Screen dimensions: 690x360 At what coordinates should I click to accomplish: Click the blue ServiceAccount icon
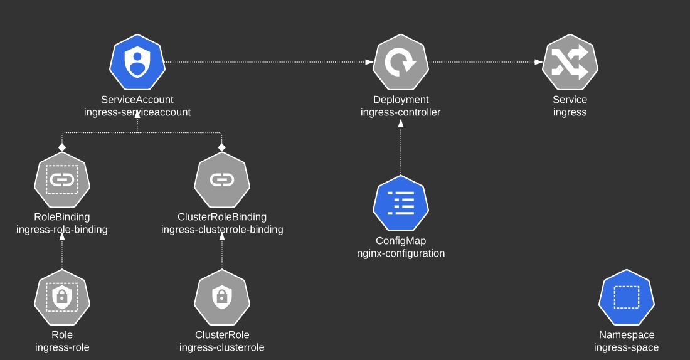coord(137,62)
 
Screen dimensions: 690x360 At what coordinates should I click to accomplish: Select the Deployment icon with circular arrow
coord(401,62)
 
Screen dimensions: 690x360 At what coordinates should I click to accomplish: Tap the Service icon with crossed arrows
coord(570,62)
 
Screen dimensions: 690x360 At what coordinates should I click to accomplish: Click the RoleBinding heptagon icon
coord(62,179)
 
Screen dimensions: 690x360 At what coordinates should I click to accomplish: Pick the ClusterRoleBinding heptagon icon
coord(222,179)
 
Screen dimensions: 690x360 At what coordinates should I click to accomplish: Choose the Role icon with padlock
coord(62,297)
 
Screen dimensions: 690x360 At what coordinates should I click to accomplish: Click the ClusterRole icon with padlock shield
coord(222,297)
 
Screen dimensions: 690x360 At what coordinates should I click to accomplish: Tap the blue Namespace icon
coord(627,297)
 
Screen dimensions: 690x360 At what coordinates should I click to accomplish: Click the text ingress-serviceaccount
coord(137,112)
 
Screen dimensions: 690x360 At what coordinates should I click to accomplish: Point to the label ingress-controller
coord(401,112)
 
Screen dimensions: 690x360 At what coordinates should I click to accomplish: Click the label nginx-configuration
coord(401,253)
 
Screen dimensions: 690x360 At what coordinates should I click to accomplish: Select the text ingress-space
coord(627,347)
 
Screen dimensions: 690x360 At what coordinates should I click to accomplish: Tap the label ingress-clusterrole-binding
coord(222,230)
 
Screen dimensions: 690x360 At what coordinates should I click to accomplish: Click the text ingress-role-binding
coord(62,230)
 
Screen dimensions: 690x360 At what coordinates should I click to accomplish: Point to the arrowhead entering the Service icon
coord(539,62)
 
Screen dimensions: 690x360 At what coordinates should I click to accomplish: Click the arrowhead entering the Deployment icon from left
coord(369,62)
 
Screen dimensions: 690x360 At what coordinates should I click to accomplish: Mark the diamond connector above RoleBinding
coord(62,146)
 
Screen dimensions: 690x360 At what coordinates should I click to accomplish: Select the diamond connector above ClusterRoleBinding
coord(222,146)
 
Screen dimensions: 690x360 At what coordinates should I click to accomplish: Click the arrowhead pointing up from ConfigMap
coord(401,123)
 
